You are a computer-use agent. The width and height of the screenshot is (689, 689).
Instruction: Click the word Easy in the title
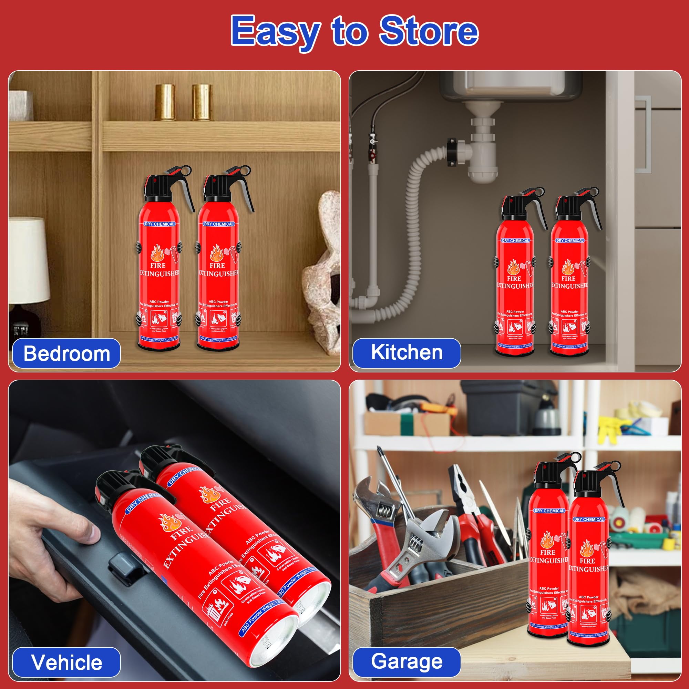(x=275, y=32)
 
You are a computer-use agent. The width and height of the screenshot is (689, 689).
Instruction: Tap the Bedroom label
(x=67, y=353)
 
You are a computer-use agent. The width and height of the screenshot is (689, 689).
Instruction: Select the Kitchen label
(x=407, y=352)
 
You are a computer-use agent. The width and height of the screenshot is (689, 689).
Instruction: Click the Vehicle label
(x=67, y=662)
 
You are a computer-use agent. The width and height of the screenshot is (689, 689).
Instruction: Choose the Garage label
(x=407, y=661)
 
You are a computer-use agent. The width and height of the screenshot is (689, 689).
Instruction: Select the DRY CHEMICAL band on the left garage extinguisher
(x=549, y=511)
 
